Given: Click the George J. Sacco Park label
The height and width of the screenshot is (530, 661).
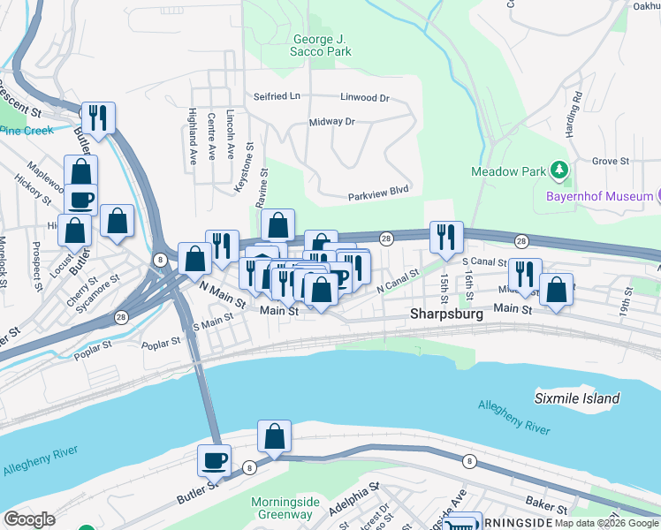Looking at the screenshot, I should pyautogui.click(x=320, y=45).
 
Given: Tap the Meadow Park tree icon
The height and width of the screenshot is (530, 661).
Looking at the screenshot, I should pyautogui.click(x=558, y=169).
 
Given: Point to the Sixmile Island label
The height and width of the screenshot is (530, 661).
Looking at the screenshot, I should pyautogui.click(x=577, y=398).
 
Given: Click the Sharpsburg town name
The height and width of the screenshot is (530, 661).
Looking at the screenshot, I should pyautogui.click(x=447, y=314).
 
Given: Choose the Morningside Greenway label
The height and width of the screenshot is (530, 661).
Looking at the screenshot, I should pyautogui.click(x=282, y=509).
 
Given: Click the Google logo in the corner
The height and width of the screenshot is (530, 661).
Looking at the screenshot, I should pyautogui.click(x=29, y=519).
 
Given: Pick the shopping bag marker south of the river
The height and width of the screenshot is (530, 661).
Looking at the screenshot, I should pyautogui.click(x=274, y=435).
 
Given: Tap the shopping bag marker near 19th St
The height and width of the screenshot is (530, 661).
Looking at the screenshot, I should pyautogui.click(x=556, y=290).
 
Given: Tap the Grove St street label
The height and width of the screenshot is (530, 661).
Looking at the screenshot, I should pyautogui.click(x=610, y=162).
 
